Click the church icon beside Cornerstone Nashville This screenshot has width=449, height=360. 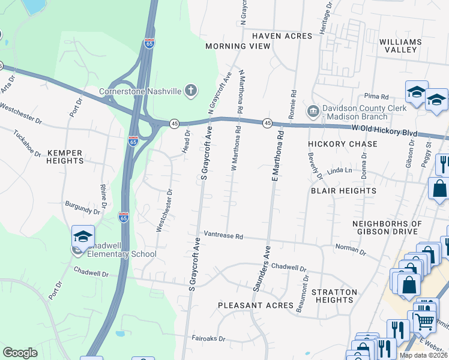[x=190, y=91]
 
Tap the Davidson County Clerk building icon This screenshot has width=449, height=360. [x=312, y=112]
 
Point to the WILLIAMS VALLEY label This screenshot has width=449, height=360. [x=400, y=46]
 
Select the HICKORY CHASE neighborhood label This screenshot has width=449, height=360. [x=343, y=144]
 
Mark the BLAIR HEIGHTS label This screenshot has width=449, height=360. [x=343, y=191]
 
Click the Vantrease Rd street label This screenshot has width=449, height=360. [x=223, y=236]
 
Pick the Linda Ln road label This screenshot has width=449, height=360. [x=339, y=171]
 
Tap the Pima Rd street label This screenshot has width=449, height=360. [x=376, y=96]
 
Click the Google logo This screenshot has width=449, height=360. [x=20, y=353]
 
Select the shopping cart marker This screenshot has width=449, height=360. [x=424, y=321]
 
